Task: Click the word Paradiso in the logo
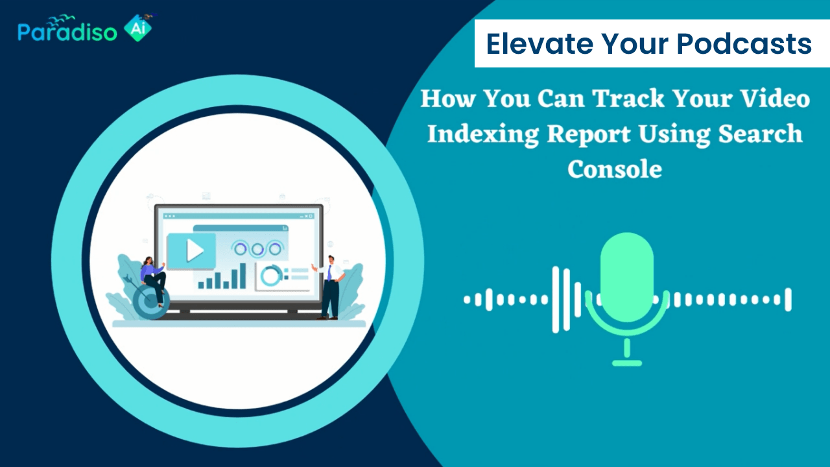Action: click(x=67, y=32)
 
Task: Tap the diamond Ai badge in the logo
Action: click(x=137, y=28)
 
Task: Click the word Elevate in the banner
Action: click(x=539, y=43)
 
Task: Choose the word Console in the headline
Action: click(x=615, y=169)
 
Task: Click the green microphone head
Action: click(x=626, y=277)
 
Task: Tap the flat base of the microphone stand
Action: click(x=626, y=363)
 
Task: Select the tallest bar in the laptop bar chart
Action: click(x=243, y=276)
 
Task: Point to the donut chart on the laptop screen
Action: click(x=272, y=276)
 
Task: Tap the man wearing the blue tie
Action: click(x=329, y=287)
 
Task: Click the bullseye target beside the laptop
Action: click(x=150, y=301)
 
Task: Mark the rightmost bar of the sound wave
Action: click(x=788, y=300)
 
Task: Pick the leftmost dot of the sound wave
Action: click(x=467, y=300)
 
